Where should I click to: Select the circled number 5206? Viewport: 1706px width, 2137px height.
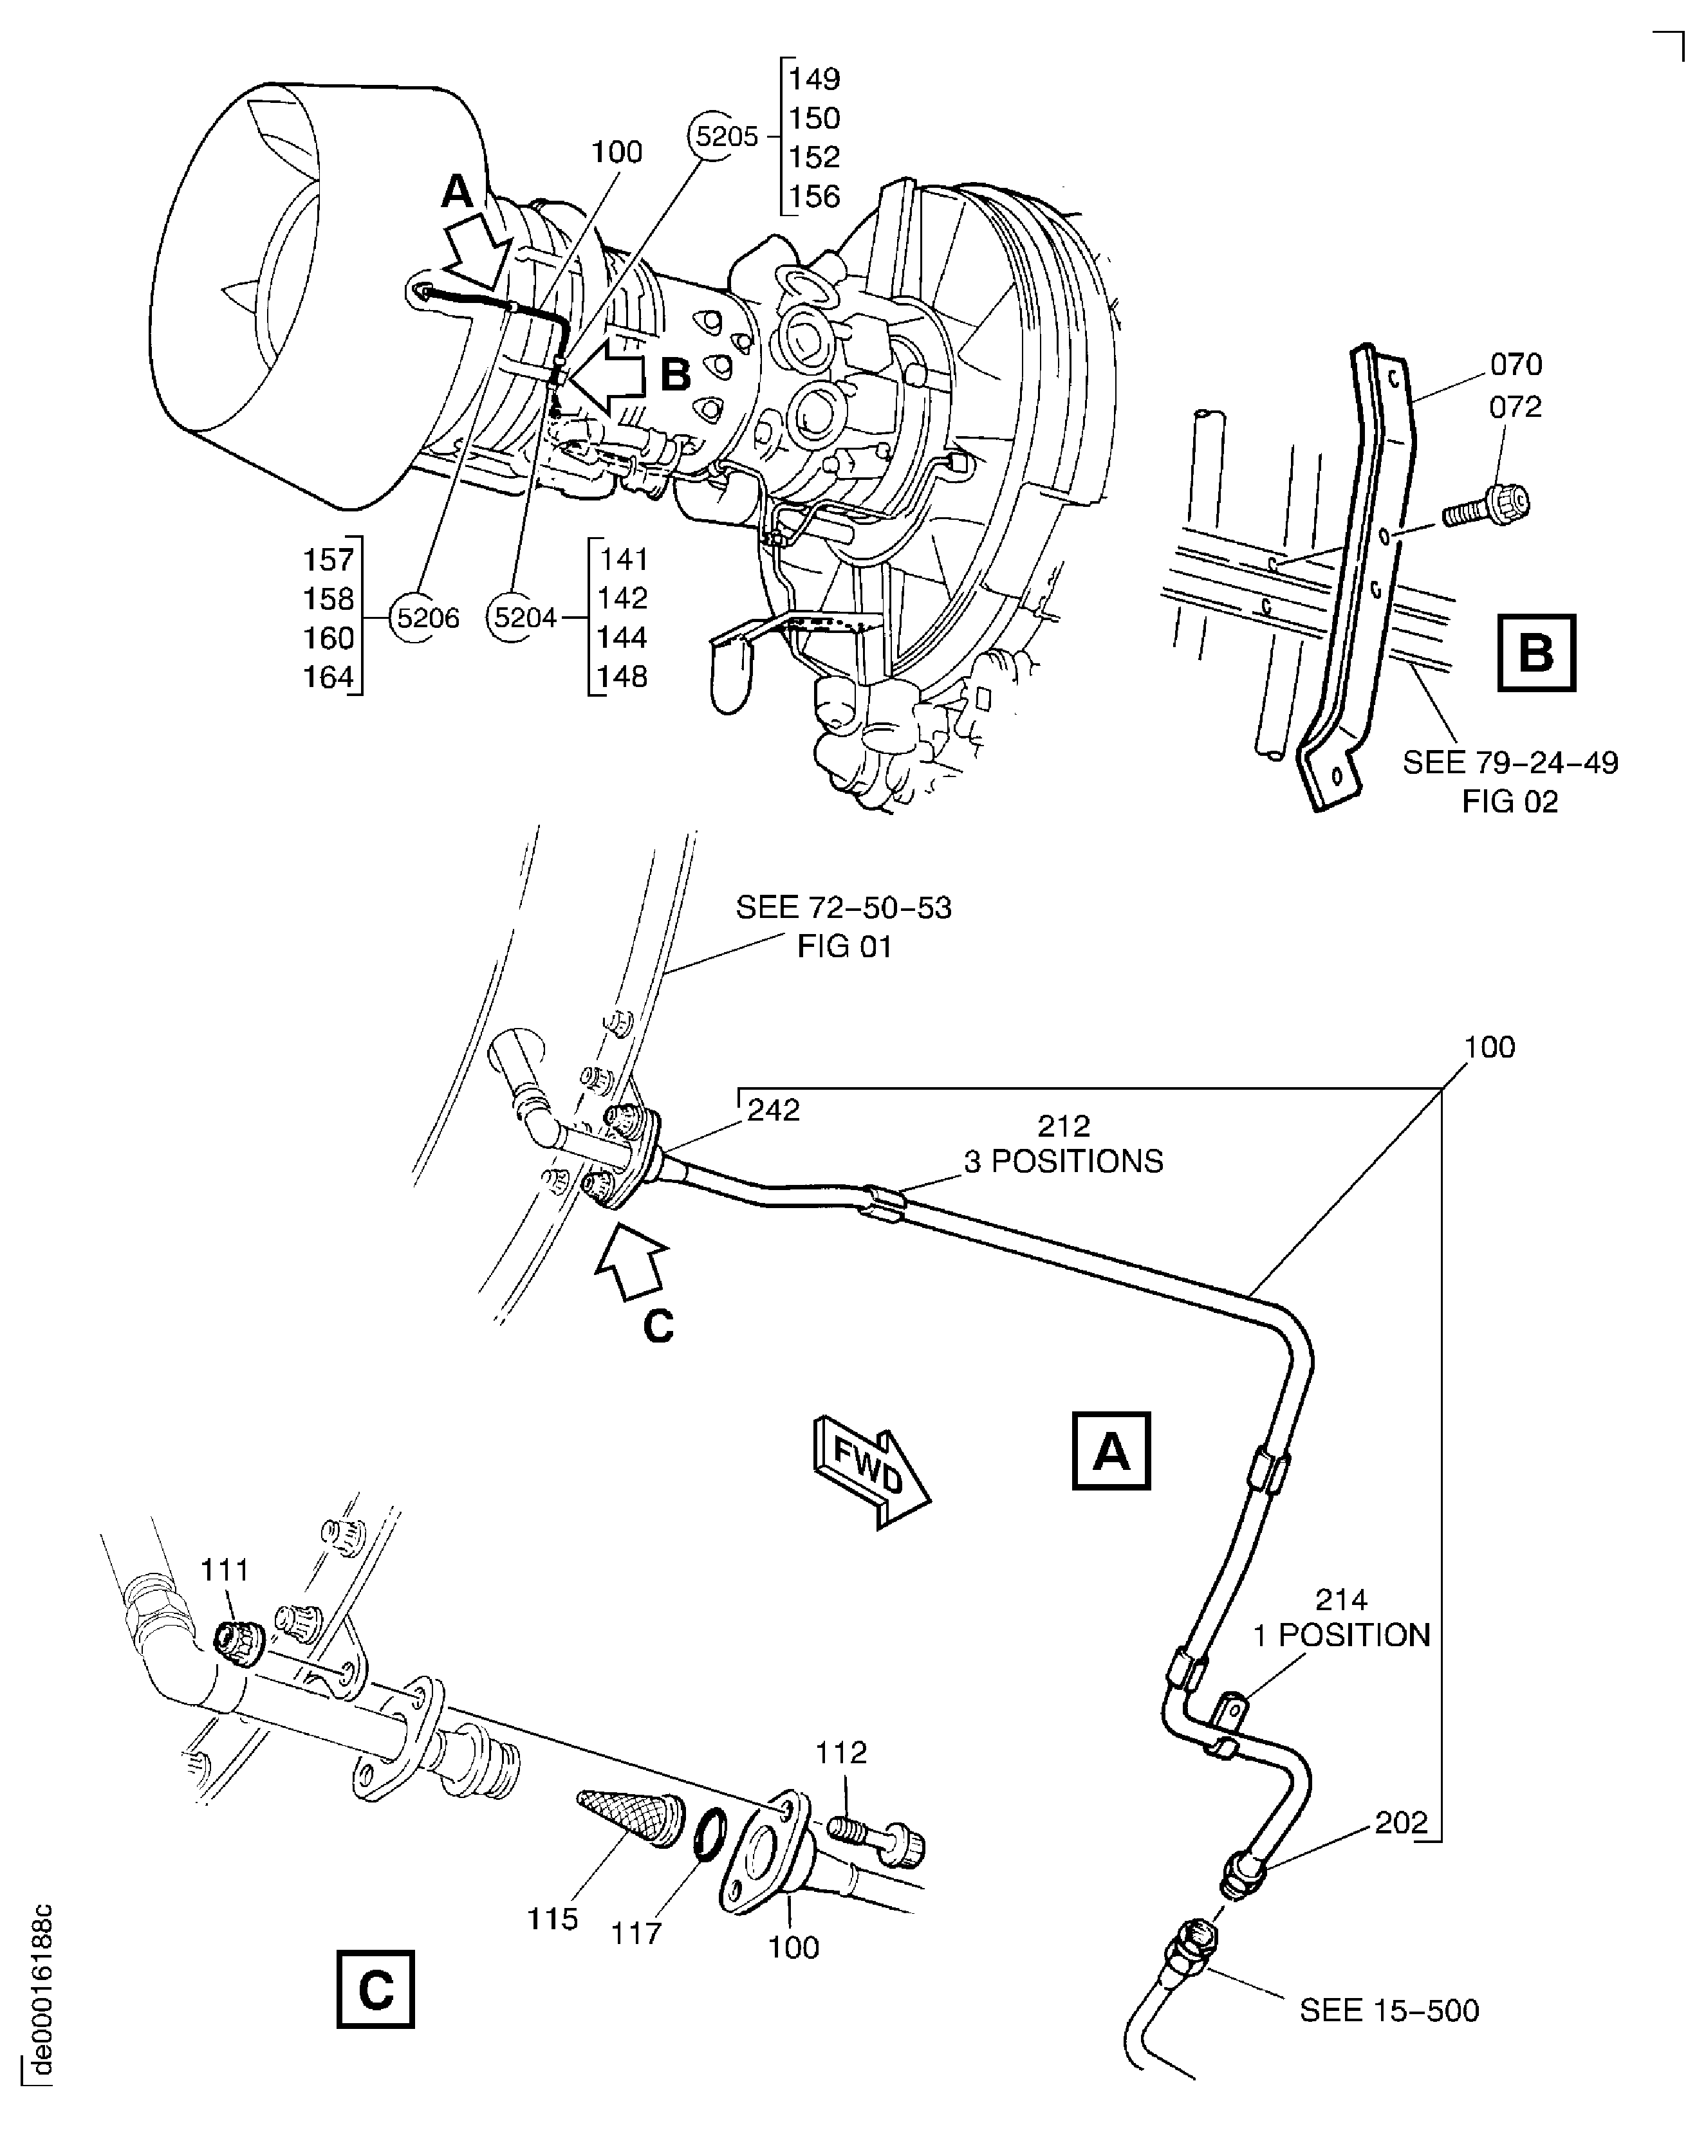tap(427, 618)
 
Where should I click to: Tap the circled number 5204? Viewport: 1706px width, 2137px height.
tap(524, 618)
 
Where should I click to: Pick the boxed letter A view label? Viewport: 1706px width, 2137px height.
tap(1110, 1452)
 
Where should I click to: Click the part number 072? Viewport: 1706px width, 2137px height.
tap(1515, 407)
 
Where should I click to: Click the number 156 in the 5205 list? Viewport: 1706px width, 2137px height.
tap(815, 196)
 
